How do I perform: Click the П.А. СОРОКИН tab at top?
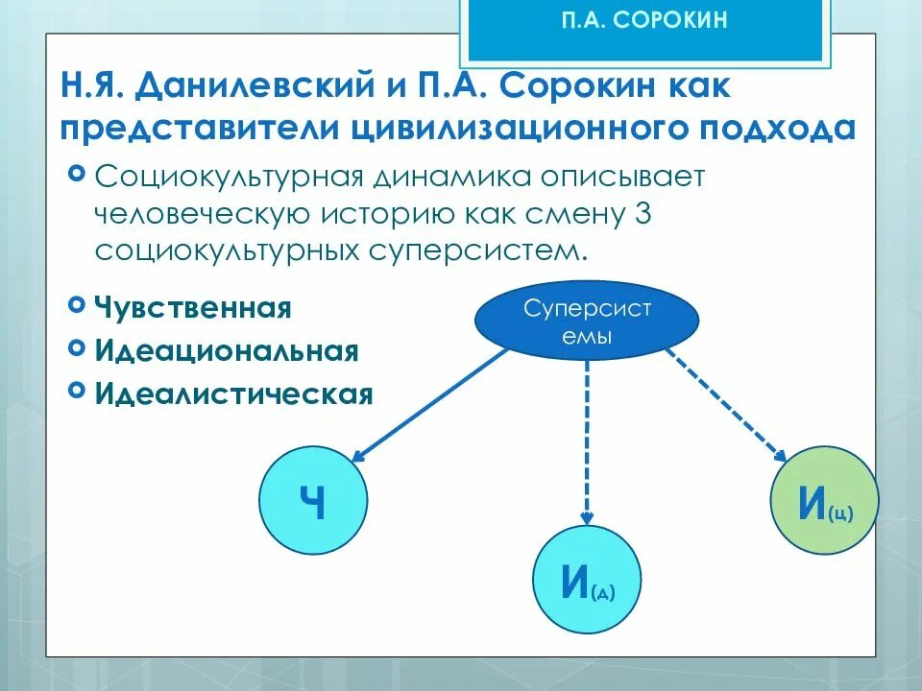click(x=643, y=22)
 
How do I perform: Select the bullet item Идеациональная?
click(x=227, y=350)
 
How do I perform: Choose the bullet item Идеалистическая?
click(x=233, y=393)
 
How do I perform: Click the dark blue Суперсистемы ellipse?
click(x=587, y=322)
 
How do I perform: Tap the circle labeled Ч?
click(x=312, y=502)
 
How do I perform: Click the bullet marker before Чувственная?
click(x=77, y=305)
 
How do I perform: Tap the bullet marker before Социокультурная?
click(x=77, y=174)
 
